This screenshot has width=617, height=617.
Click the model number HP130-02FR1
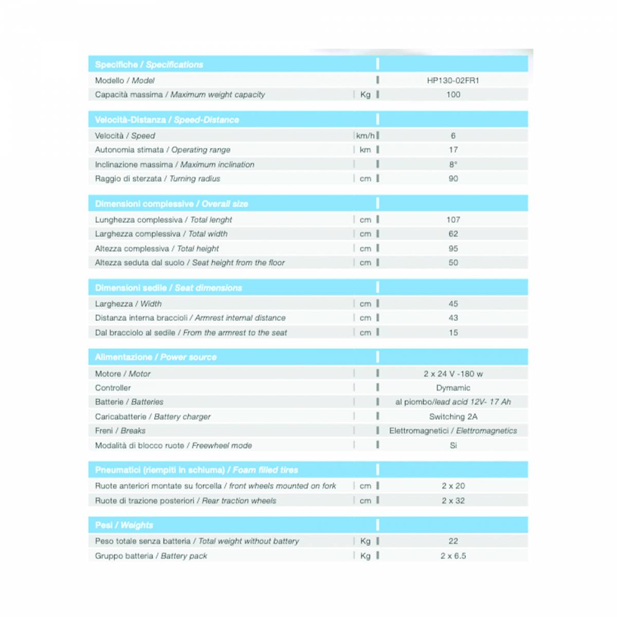pos(453,80)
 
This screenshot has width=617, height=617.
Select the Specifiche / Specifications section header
pos(149,65)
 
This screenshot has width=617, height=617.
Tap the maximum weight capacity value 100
pos(453,95)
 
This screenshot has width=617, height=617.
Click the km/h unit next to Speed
pos(366,136)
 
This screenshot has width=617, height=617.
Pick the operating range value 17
pos(453,150)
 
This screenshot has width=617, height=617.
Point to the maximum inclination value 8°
pos(453,165)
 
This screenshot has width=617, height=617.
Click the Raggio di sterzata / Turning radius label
pos(157,178)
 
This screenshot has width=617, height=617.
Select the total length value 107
pos(453,220)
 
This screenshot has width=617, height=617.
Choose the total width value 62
pos(453,234)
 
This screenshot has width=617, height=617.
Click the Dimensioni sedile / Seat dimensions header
pos(169,288)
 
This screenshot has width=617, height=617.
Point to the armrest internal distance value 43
pos(453,318)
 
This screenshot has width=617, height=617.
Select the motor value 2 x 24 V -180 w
pos(453,374)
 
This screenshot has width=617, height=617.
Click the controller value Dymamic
pos(453,388)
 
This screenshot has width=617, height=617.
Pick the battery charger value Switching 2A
pos(453,416)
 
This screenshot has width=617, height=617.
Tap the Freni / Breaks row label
pos(120,431)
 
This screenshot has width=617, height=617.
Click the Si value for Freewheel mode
pos(453,445)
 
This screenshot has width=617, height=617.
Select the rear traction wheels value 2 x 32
pos(453,500)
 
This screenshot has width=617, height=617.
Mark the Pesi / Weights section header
pos(124,525)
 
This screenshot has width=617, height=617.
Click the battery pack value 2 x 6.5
pos(453,556)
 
